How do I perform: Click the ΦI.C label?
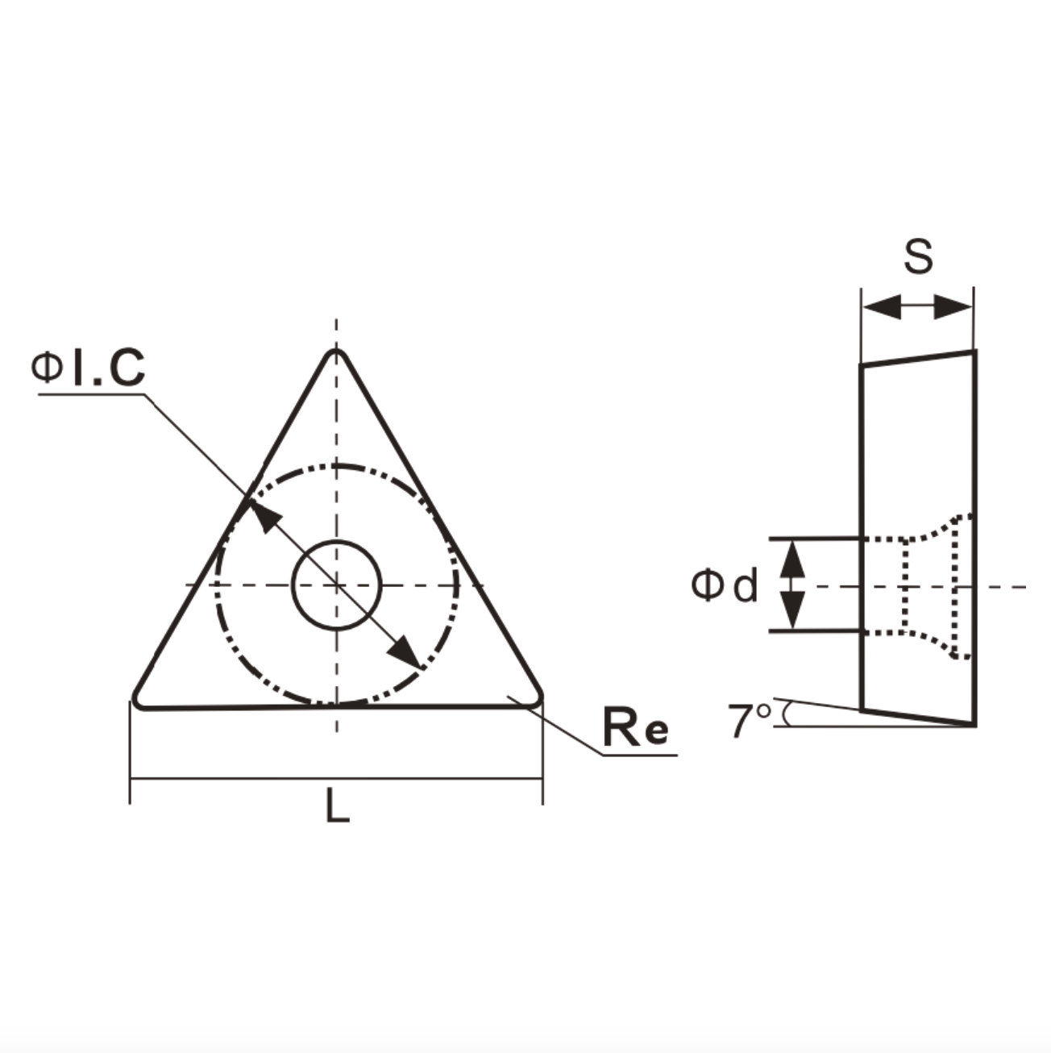pyautogui.click(x=88, y=368)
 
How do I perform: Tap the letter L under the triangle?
pyautogui.click(x=337, y=805)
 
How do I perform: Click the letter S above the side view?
pyautogui.click(x=919, y=257)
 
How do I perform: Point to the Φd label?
pyautogui.click(x=725, y=585)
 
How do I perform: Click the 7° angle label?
pyautogui.click(x=750, y=720)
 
